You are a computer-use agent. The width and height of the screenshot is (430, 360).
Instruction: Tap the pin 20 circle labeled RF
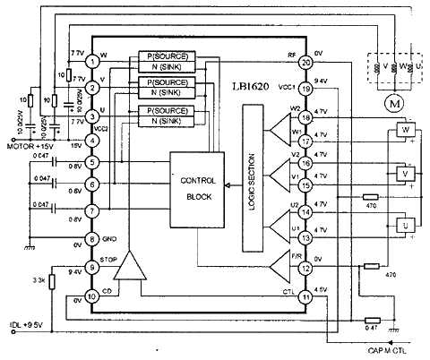pyautogui.click(x=305, y=62)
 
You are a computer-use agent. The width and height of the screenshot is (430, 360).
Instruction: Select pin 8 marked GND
pyautogui.click(x=92, y=240)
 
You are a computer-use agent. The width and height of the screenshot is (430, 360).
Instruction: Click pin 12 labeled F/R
pyautogui.click(x=305, y=267)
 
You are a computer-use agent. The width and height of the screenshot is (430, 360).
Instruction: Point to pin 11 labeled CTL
pyautogui.click(x=305, y=296)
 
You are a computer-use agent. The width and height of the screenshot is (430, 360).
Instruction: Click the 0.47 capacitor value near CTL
pyautogui.click(x=374, y=330)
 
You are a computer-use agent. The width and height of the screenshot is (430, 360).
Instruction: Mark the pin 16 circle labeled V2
pyautogui.click(x=305, y=163)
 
